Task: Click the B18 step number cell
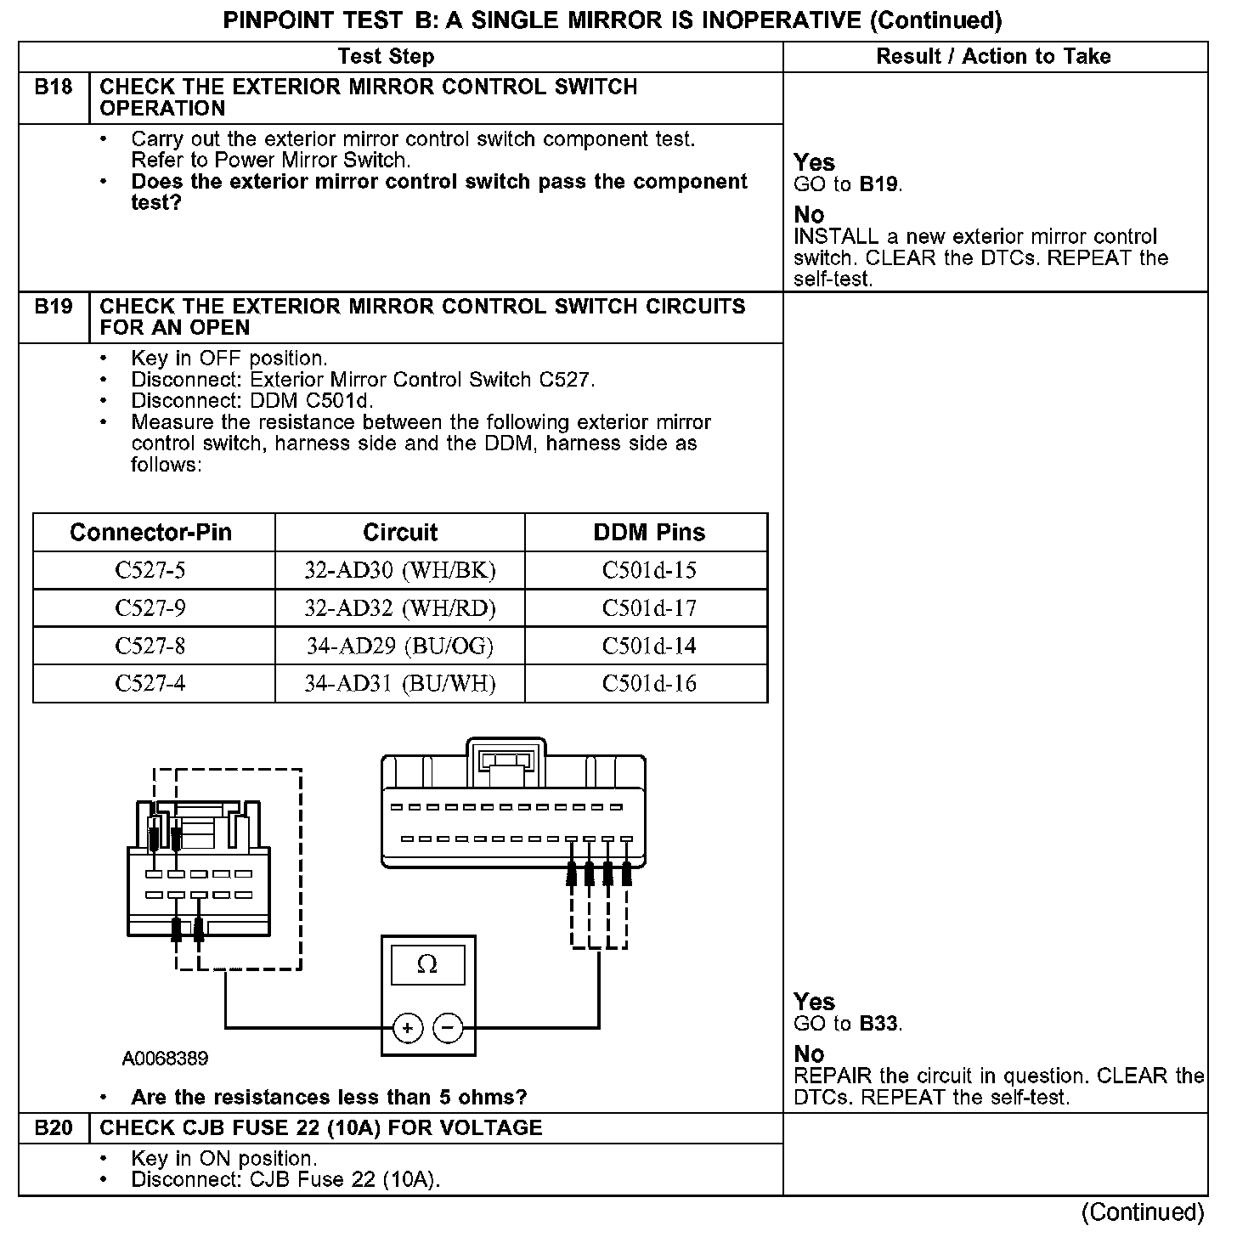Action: [53, 88]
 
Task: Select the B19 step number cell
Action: [53, 307]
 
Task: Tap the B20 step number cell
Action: [53, 1128]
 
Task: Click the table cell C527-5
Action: [150, 570]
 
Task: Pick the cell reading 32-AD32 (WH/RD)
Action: [399, 608]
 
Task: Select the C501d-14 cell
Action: [649, 647]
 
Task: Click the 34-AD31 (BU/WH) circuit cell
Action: [399, 684]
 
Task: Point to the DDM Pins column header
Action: [649, 533]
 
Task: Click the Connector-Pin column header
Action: [150, 533]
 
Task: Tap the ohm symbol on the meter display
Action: [427, 965]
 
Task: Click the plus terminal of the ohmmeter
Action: [408, 1029]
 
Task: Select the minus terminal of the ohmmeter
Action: [448, 1029]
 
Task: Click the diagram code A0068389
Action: [165, 1059]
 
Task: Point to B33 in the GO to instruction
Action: [878, 1024]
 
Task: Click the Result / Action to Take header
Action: [993, 57]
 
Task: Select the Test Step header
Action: [386, 57]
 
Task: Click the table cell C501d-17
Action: [649, 608]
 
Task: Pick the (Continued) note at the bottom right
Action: [1143, 1212]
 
